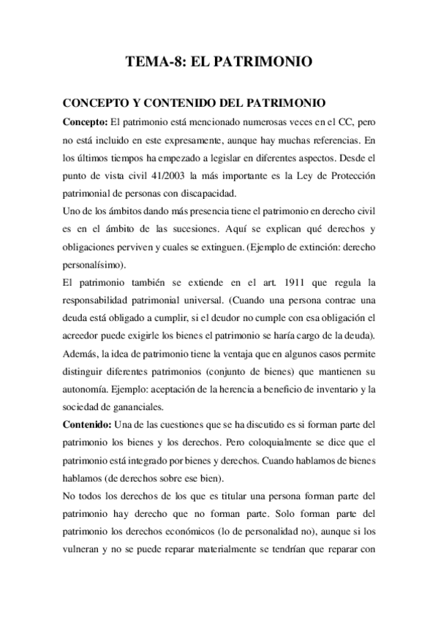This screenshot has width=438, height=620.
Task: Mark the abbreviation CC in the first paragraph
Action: (x=336, y=121)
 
